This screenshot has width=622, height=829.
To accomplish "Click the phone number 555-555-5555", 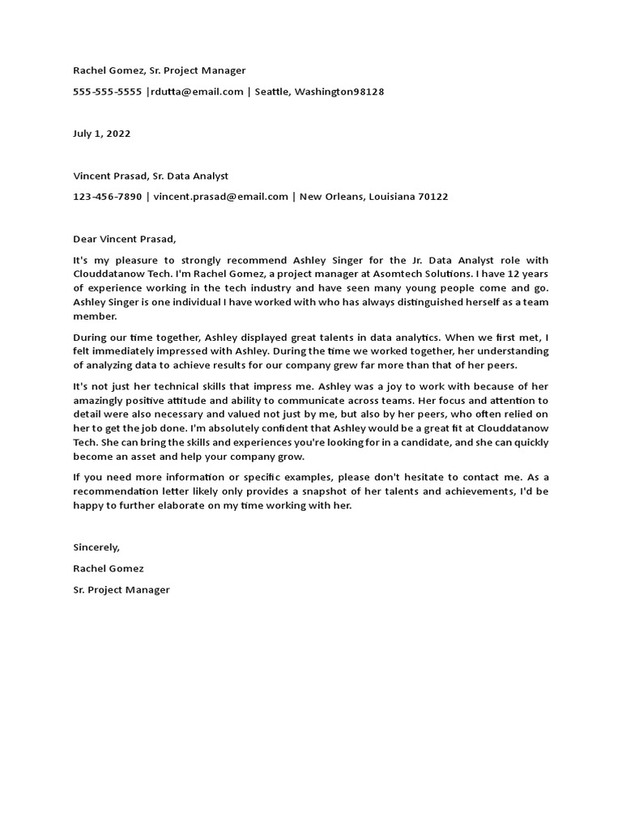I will coord(107,91).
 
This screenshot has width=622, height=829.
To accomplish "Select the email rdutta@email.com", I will coord(197,91).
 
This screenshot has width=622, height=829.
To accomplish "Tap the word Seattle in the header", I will coord(272,91).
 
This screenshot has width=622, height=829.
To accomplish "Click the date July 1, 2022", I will coord(101,134).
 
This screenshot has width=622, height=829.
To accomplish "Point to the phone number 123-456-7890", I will coord(107,197).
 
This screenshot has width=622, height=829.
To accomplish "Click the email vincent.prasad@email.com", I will coord(220,197).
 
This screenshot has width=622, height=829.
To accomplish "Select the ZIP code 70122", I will coord(432,197).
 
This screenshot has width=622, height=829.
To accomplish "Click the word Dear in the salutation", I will coord(85,239).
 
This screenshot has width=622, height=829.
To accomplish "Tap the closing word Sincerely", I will coord(96,547).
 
